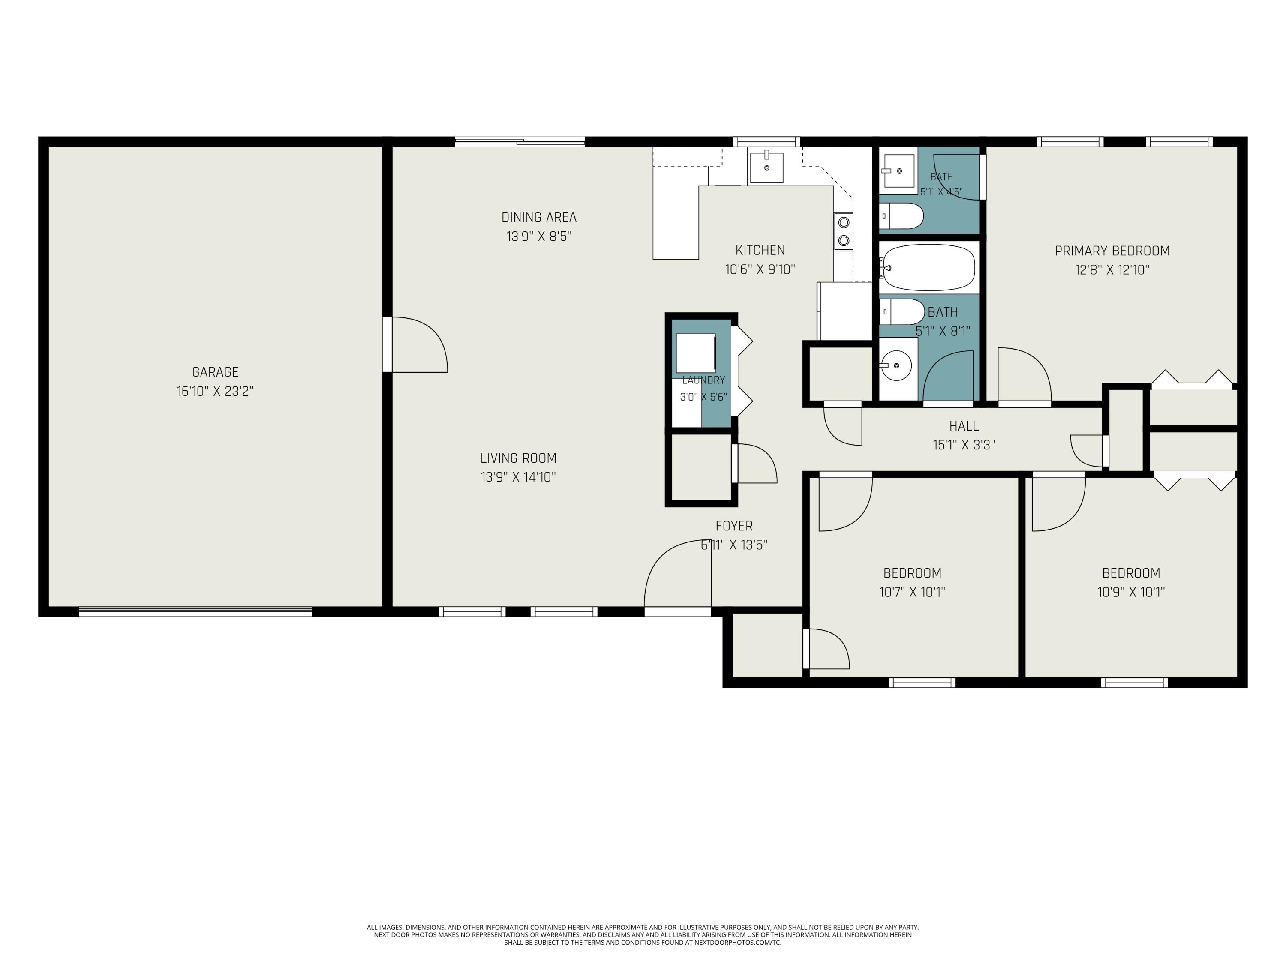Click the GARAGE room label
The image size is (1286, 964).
[x=215, y=372]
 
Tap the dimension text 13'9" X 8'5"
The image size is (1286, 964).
[x=539, y=237]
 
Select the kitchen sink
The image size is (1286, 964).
[x=766, y=168]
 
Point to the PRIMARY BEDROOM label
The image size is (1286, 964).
[x=1112, y=251]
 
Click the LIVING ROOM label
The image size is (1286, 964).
[x=518, y=458]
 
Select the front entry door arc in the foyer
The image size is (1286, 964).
[x=677, y=574]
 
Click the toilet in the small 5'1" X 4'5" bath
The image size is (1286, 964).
[x=901, y=216]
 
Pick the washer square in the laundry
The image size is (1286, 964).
[x=695, y=353]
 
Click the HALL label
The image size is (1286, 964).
[x=964, y=426]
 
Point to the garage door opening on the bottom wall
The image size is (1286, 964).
[x=195, y=611]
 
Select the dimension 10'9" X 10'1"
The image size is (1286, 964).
[x=1131, y=592]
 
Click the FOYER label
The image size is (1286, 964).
[x=734, y=526]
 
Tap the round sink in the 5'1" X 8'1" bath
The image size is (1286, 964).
[x=896, y=365]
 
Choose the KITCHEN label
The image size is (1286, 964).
[x=760, y=251]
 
